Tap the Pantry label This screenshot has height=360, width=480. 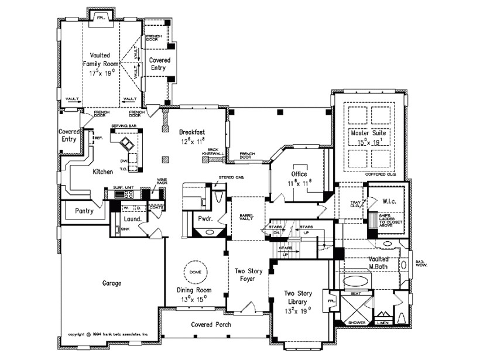tap(84, 211)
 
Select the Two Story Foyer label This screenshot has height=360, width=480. tap(249, 275)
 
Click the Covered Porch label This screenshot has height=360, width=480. tap(211, 324)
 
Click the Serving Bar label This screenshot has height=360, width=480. tap(124, 125)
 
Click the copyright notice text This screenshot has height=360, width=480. tap(108, 335)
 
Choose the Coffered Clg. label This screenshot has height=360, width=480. tap(380, 174)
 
